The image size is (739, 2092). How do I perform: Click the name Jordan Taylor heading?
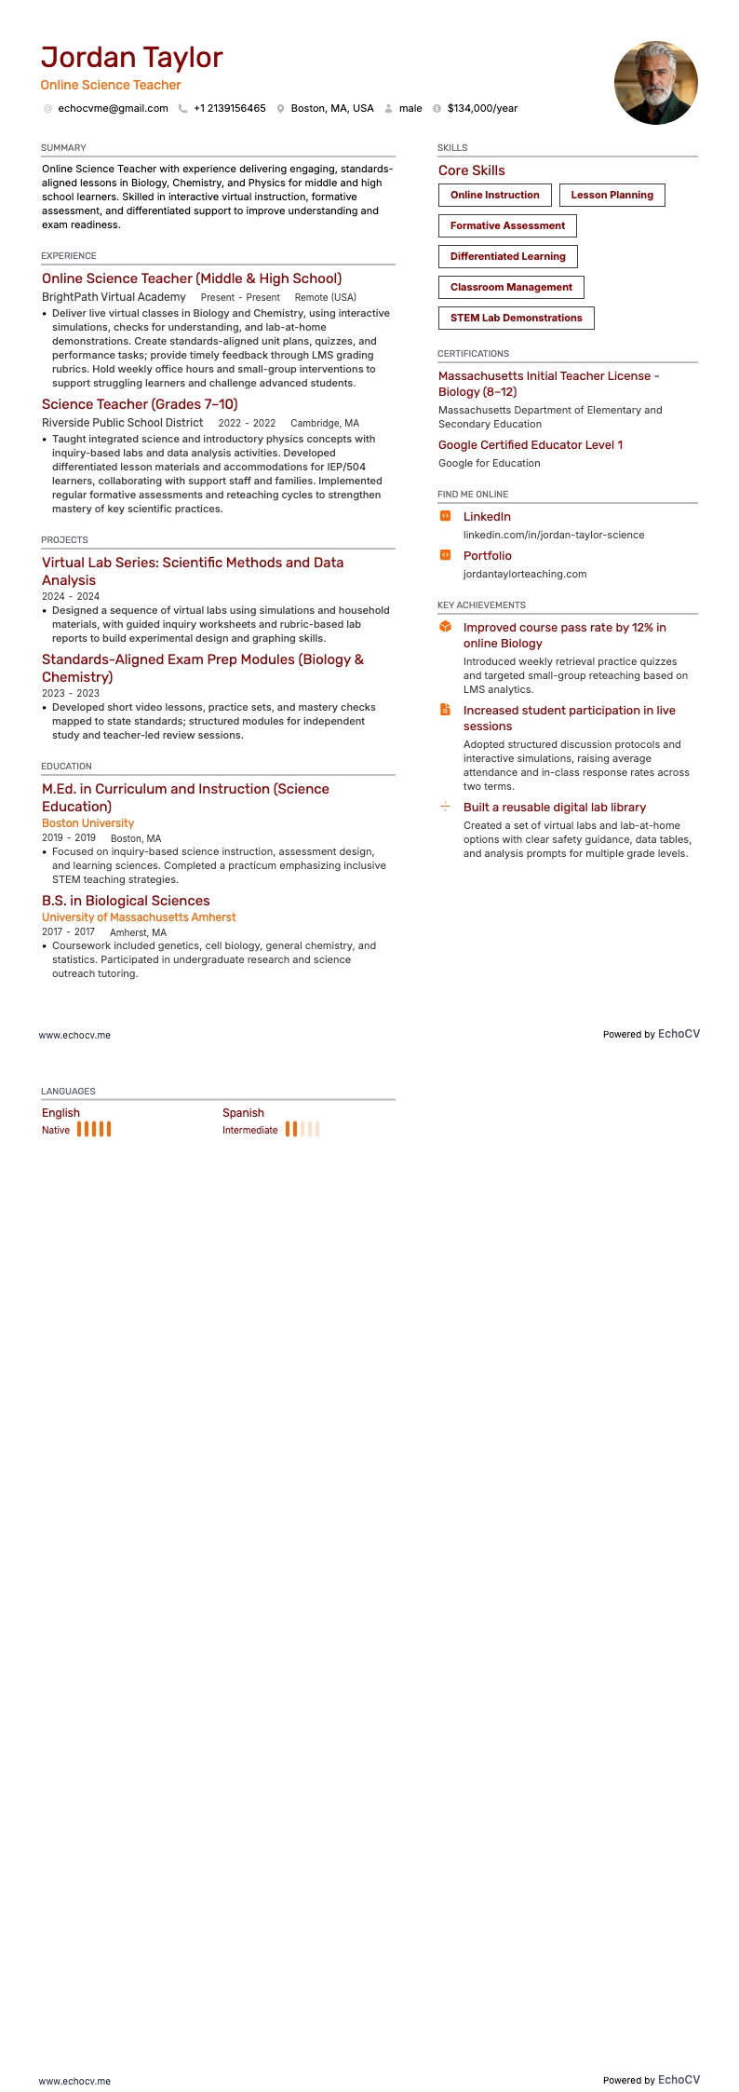(x=131, y=58)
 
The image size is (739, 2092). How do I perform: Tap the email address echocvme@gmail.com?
(x=113, y=108)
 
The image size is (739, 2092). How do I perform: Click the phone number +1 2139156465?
(x=229, y=108)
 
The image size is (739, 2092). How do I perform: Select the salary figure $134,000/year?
(x=482, y=108)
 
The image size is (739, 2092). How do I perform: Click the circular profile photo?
(x=655, y=83)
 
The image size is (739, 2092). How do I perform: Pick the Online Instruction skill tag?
(x=494, y=195)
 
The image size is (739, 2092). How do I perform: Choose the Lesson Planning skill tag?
(x=611, y=195)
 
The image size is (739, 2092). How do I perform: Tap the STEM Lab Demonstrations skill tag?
(x=516, y=318)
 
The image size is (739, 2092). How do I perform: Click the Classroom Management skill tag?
(x=511, y=287)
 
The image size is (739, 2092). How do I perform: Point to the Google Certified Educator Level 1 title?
(x=531, y=444)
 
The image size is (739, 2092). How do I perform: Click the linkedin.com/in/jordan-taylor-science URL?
(x=554, y=535)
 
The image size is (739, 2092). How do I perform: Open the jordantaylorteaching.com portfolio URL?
(x=525, y=574)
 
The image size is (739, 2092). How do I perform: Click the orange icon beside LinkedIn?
(x=445, y=516)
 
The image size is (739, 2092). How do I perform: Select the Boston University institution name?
(x=87, y=823)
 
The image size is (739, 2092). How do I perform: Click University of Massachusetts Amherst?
(x=139, y=917)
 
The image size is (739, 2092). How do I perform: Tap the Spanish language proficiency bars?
(x=302, y=1129)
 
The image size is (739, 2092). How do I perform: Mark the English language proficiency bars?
(x=94, y=1129)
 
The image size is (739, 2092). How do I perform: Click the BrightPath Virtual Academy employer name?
(x=114, y=297)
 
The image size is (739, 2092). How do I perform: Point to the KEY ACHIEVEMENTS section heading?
(x=481, y=605)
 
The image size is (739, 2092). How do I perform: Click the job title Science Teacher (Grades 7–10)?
(x=140, y=404)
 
